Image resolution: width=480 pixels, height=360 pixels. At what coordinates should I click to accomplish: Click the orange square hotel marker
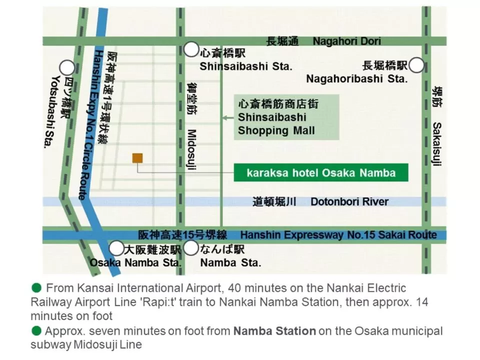(x=137, y=158)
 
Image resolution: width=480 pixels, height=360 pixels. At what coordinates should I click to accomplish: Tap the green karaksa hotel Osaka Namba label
(x=321, y=173)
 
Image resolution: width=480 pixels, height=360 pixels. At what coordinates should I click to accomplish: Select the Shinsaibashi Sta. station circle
(x=191, y=49)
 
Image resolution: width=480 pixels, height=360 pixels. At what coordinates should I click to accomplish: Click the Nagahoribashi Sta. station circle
(x=416, y=65)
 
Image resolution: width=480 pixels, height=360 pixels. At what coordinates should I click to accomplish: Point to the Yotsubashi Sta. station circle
(x=67, y=68)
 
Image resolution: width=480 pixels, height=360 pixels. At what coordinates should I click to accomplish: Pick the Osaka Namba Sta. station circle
(x=116, y=248)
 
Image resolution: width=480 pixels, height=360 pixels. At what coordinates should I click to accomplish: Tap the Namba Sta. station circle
(x=191, y=248)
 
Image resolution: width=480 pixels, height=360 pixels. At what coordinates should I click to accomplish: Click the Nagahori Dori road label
(x=346, y=41)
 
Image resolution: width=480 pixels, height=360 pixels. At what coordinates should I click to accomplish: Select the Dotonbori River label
(x=349, y=201)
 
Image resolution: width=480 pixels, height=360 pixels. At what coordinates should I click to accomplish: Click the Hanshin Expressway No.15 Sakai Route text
(x=338, y=234)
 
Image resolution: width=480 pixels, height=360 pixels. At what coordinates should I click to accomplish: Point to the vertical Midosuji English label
(x=191, y=150)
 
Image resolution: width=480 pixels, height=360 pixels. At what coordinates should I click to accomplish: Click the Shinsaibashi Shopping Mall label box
(x=286, y=117)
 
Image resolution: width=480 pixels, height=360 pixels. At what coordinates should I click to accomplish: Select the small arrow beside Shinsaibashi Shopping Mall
(x=228, y=118)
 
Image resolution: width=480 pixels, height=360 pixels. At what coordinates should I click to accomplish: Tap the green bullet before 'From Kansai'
(x=36, y=288)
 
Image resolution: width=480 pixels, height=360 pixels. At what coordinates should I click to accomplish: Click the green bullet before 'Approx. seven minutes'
(x=36, y=330)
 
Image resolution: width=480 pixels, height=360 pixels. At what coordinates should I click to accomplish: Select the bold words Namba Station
(x=274, y=331)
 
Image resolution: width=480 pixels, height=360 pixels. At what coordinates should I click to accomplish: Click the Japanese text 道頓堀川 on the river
(x=274, y=201)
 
